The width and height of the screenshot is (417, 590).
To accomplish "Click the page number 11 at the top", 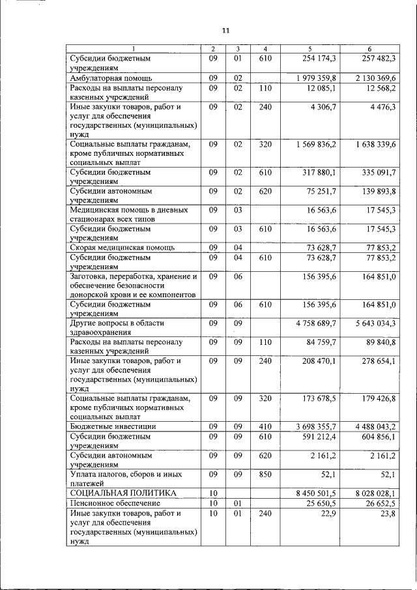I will [225, 31].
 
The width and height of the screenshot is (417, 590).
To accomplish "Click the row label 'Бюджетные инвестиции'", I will [109, 426].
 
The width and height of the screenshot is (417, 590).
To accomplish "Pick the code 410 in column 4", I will [265, 426].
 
